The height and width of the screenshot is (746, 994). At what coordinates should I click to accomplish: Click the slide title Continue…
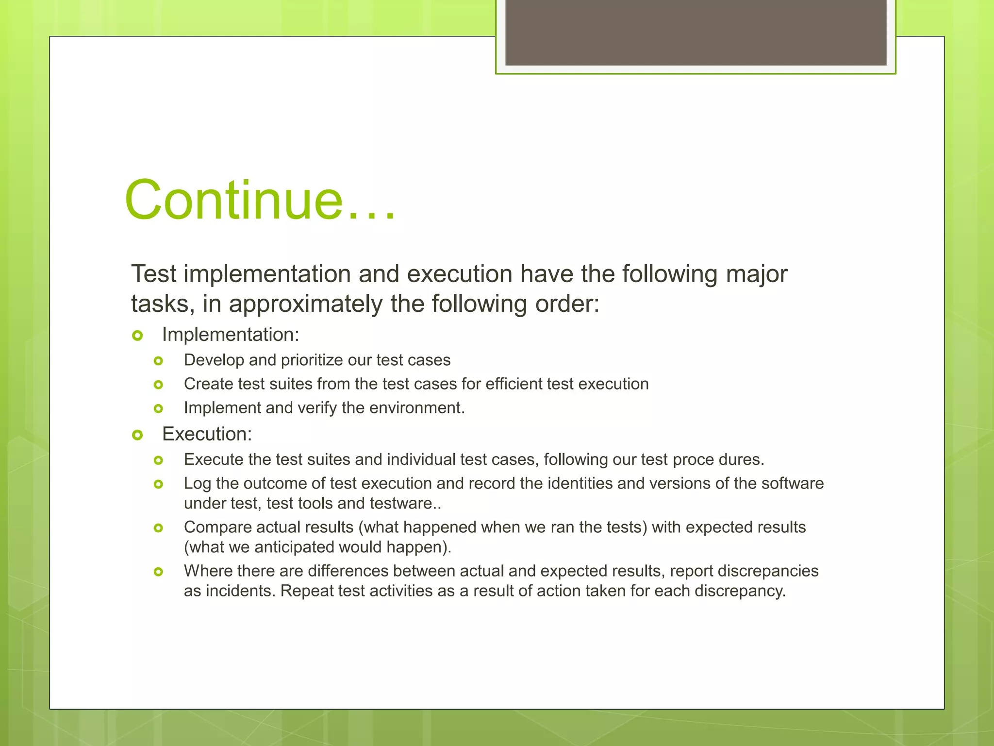click(260, 200)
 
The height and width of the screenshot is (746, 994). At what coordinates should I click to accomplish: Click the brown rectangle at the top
click(696, 32)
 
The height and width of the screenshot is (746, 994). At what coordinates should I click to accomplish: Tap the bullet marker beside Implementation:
click(137, 336)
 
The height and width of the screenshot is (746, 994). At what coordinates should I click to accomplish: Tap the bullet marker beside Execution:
click(137, 435)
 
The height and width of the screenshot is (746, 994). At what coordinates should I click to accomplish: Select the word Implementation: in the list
click(231, 335)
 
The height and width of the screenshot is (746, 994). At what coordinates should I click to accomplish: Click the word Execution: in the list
click(207, 434)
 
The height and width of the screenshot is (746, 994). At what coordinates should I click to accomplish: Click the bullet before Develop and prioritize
click(158, 361)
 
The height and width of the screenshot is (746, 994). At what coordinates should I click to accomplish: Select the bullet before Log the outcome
click(158, 484)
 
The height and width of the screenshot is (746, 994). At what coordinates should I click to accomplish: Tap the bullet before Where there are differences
click(158, 572)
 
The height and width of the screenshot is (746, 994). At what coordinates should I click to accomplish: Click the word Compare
click(217, 527)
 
